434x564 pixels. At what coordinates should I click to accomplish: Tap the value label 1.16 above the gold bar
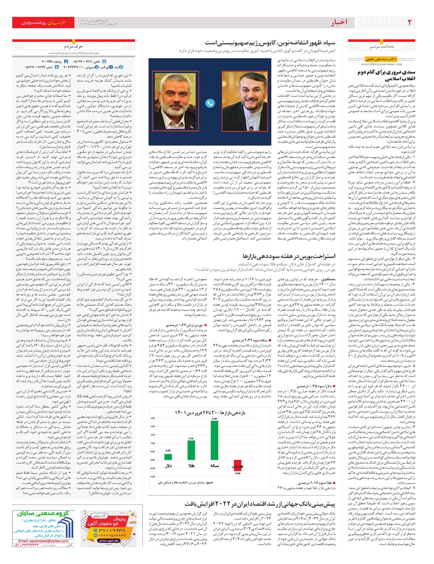click(x=191, y=439)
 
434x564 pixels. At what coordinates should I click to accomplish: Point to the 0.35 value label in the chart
click(x=168, y=450)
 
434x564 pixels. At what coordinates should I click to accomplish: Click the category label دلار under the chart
click(x=168, y=466)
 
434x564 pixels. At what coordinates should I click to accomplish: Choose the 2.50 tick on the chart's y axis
click(x=153, y=418)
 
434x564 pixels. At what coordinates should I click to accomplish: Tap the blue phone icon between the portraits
click(x=210, y=103)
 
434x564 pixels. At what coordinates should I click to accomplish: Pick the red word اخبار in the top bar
click(x=339, y=22)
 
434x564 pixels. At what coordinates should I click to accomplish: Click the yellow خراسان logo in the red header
click(x=58, y=23)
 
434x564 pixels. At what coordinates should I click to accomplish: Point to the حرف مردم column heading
click(x=74, y=46)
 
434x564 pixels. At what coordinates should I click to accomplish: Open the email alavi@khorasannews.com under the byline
click(x=379, y=64)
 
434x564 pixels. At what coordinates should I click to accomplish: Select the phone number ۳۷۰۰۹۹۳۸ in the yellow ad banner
click(x=111, y=530)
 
